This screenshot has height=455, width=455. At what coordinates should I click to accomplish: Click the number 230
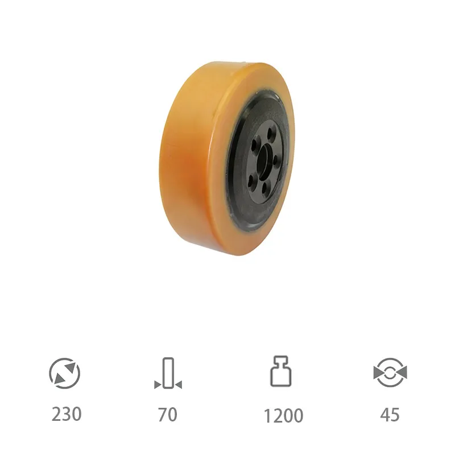point(67,414)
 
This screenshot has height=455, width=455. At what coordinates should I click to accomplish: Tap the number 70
point(168,415)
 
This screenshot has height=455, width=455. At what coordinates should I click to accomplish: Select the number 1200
point(283,416)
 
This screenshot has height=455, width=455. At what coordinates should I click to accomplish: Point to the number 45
point(390,415)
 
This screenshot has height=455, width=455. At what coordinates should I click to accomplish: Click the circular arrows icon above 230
point(65,373)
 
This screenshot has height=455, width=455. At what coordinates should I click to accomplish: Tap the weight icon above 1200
point(282,373)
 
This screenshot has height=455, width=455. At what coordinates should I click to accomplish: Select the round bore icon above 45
point(390,373)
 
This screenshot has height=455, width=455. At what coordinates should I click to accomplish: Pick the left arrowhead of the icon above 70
point(158,385)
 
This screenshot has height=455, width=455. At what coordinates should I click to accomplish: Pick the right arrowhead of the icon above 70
point(178,385)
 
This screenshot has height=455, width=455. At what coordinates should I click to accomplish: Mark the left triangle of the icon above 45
point(378,373)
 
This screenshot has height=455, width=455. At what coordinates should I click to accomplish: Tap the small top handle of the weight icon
point(282,361)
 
